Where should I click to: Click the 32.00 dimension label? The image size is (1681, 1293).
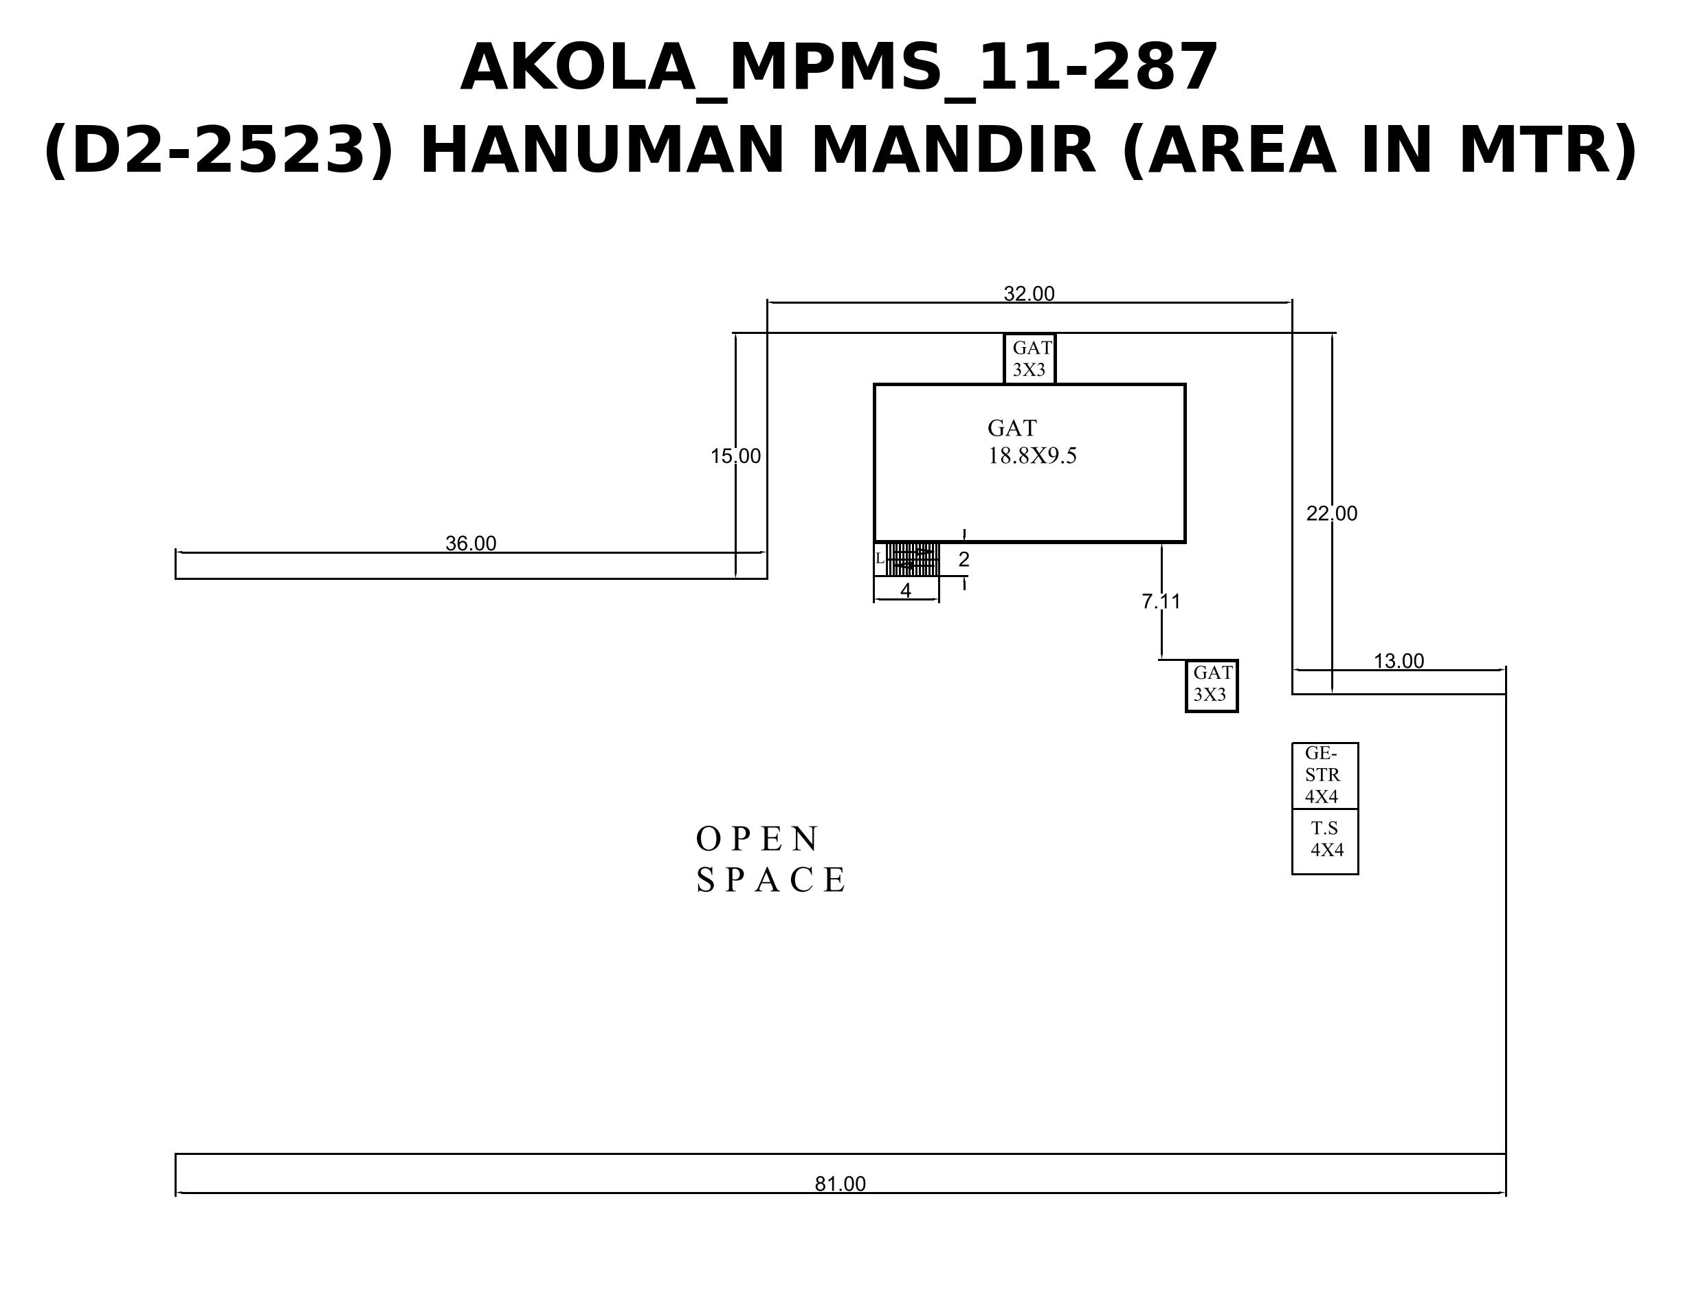pos(1029,293)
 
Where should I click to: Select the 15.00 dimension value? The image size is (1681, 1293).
pos(735,456)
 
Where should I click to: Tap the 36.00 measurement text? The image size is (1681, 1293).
pos(471,543)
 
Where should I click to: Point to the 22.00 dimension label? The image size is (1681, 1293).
pos(1332,513)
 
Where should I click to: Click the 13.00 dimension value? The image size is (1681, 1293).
pos(1399,661)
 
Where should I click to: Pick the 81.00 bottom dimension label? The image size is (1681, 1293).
pos(840,1184)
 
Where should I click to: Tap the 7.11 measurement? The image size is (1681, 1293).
pos(1161,601)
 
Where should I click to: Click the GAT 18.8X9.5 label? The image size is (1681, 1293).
pos(1032,442)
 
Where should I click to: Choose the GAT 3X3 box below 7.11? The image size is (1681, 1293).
pos(1212,686)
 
